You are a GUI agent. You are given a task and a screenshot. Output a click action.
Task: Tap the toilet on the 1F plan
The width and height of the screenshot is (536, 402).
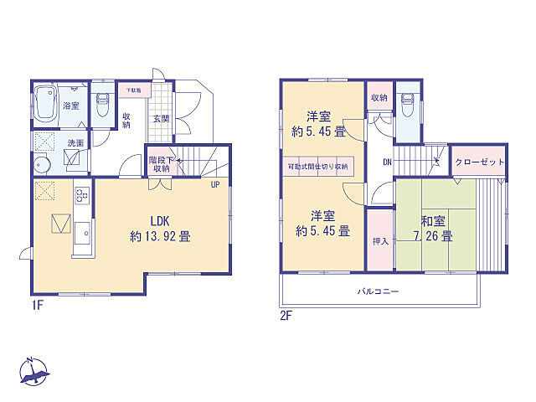[102, 106]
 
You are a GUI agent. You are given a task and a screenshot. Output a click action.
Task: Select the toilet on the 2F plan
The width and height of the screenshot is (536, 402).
[407, 106]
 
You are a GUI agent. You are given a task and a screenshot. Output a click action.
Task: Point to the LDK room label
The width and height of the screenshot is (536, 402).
[160, 221]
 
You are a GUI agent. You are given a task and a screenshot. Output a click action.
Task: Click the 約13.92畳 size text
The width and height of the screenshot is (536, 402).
[160, 236]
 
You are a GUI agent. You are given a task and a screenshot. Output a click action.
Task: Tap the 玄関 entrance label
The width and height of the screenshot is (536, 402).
[161, 119]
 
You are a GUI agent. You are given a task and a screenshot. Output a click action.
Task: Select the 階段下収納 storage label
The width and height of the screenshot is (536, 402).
[161, 164]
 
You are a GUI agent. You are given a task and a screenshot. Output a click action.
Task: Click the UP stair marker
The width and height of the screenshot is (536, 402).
[215, 184]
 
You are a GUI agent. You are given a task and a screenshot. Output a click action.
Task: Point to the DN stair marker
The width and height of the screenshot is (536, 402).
[388, 162]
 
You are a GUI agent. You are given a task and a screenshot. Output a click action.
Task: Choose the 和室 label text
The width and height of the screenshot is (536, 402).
[432, 222]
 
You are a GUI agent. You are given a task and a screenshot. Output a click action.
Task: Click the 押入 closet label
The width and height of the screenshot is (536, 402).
[379, 241]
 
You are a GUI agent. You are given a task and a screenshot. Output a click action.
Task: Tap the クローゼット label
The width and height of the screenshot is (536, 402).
[479, 162]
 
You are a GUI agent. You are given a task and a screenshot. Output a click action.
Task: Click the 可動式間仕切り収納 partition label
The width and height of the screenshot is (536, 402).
[317, 167]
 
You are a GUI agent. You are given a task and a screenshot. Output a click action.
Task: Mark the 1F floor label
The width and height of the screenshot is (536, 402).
[37, 306]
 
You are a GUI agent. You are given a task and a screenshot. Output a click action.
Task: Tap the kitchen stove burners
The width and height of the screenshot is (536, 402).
[82, 197]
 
